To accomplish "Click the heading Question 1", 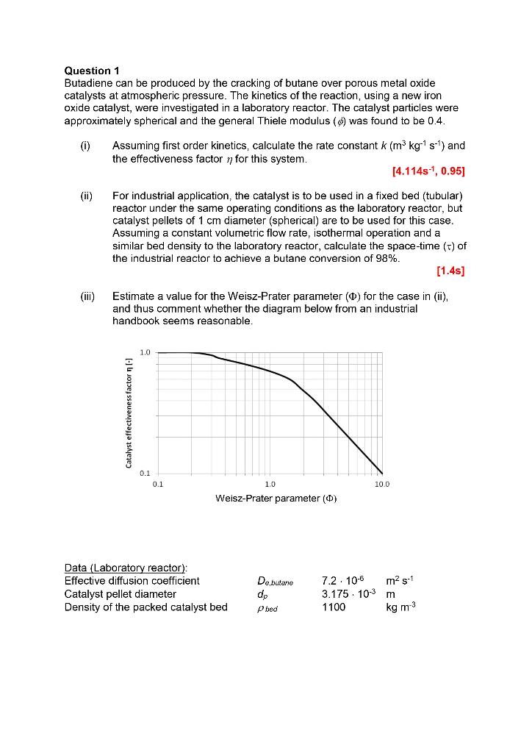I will coord(91,71).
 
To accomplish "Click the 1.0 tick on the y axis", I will coord(145,352).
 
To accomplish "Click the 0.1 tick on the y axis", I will coord(145,474).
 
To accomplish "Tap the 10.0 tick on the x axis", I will coord(382,485).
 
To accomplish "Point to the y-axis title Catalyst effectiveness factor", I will coord(129,413).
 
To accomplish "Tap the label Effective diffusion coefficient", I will coord(132,580).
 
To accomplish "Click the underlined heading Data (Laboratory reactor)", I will coord(126,567).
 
